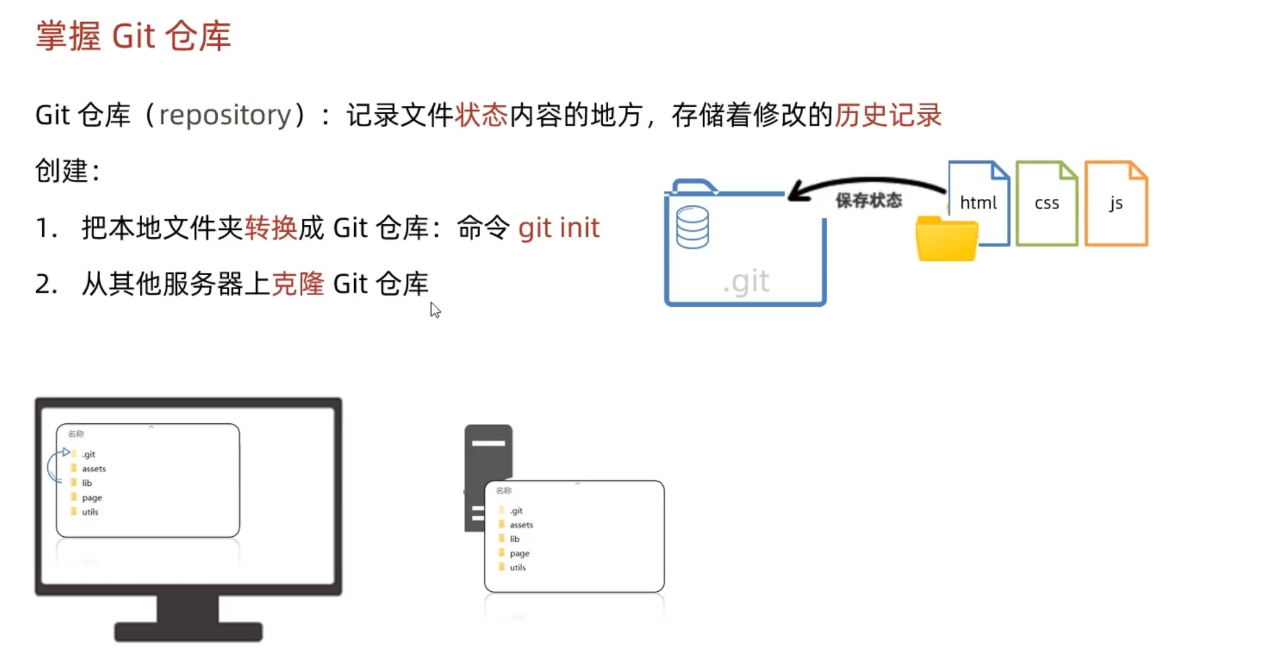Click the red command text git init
pos(559,228)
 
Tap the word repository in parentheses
pos(225,115)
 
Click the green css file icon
pos(1047,203)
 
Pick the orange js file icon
pos(1116,203)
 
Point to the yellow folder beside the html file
pos(947,239)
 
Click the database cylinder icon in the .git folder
pos(692,227)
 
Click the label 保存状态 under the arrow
pos(868,201)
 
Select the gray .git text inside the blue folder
pos(746,282)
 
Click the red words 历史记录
pos(888,115)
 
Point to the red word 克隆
pos(297,284)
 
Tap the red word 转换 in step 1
pos(271,228)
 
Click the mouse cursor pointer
pos(435,310)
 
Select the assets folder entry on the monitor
pos(93,468)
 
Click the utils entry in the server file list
pos(517,567)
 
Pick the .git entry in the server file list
pos(516,510)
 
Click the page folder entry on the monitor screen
pos(92,497)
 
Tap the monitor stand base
pos(188,631)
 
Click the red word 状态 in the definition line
pos(481,115)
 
